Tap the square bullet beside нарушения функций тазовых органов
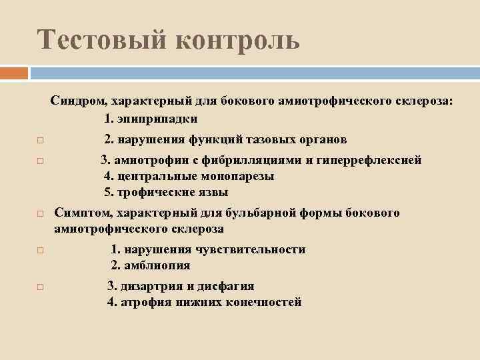[40, 141]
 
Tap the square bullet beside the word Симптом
[40, 214]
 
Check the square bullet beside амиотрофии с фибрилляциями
[40, 161]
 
